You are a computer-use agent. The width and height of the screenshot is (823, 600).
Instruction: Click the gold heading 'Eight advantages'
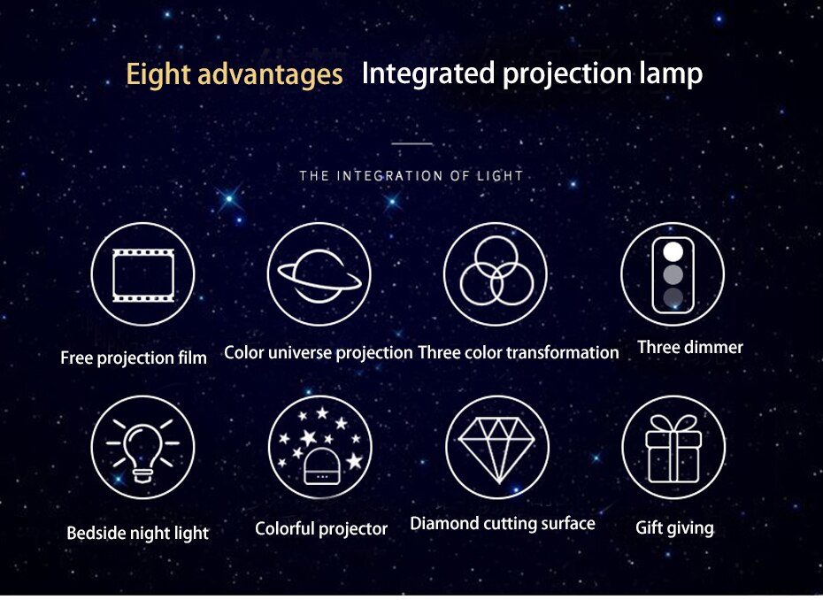click(x=235, y=74)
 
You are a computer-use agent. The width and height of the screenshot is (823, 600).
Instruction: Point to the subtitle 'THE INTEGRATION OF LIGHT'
click(x=411, y=175)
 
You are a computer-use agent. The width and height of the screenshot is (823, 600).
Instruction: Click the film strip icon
click(x=143, y=275)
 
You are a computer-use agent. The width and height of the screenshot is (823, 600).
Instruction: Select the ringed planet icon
click(x=319, y=275)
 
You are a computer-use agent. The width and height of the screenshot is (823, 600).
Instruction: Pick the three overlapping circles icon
click(x=496, y=270)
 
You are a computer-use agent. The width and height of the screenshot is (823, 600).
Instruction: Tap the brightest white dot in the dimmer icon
click(x=673, y=252)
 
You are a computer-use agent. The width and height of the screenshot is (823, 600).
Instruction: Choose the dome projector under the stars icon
click(x=322, y=466)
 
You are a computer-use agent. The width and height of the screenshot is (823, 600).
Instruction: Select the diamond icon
click(x=496, y=450)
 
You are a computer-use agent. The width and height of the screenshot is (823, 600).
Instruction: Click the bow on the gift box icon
click(x=673, y=424)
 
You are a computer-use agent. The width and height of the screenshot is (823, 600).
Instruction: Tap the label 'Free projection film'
click(x=134, y=358)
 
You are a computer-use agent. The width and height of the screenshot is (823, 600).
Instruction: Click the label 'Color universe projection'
click(x=318, y=353)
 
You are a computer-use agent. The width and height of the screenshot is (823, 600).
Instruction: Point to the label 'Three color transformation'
click(x=519, y=352)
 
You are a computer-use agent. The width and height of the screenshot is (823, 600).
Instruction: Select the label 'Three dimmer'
click(x=690, y=347)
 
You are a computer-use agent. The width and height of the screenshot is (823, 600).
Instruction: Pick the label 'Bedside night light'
click(x=137, y=534)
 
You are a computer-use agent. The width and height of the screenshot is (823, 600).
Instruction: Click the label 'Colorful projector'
click(x=321, y=528)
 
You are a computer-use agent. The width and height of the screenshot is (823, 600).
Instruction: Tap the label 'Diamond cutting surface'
click(x=503, y=523)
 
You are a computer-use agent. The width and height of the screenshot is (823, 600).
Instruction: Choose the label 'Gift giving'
click(x=674, y=528)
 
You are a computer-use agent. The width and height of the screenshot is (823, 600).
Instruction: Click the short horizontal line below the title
click(x=412, y=143)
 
